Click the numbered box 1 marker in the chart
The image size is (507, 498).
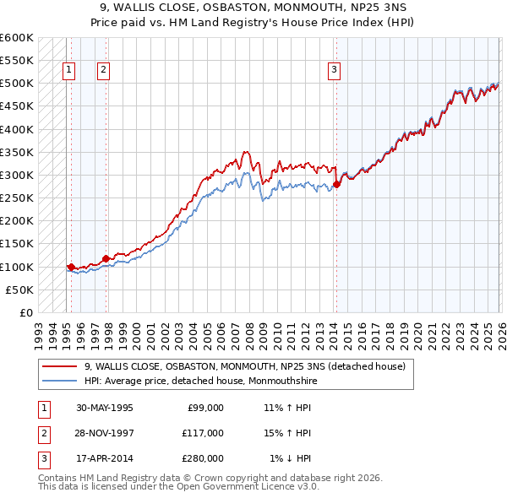pyautogui.click(x=68, y=70)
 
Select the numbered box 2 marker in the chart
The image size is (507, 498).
pyautogui.click(x=103, y=70)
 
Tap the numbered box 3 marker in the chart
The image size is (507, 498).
pyautogui.click(x=335, y=70)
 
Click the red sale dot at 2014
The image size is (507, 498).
pyautogui.click(x=336, y=184)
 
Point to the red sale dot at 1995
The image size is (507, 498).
pyautogui.click(x=71, y=267)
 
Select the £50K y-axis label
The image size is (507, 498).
pyautogui.click(x=20, y=290)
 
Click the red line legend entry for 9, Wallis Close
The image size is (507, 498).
pyautogui.click(x=245, y=366)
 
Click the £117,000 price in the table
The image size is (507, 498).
pyautogui.click(x=202, y=433)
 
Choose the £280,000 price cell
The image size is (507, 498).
pyautogui.click(x=202, y=459)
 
